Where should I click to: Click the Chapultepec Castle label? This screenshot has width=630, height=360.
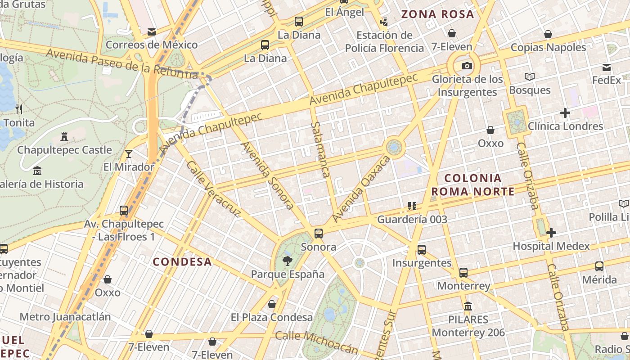pyautogui.click(x=64, y=150)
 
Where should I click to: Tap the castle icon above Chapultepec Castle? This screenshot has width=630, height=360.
pyautogui.click(x=64, y=136)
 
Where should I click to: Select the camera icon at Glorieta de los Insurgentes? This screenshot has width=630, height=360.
pyautogui.click(x=467, y=66)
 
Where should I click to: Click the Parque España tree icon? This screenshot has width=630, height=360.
pyautogui.click(x=287, y=260)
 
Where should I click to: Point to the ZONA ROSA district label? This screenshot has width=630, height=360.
pyautogui.click(x=437, y=14)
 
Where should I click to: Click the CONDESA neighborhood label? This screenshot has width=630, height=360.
pyautogui.click(x=182, y=262)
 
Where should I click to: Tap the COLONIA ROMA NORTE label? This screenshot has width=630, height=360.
pyautogui.click(x=472, y=185)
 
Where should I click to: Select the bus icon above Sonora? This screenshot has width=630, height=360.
pyautogui.click(x=319, y=233)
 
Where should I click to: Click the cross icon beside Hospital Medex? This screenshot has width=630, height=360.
pyautogui.click(x=551, y=233)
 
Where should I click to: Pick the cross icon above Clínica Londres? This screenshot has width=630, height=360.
pyautogui.click(x=565, y=113)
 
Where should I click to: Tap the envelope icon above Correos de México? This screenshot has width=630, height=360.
pyautogui.click(x=152, y=32)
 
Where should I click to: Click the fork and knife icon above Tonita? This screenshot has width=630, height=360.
pyautogui.click(x=19, y=109)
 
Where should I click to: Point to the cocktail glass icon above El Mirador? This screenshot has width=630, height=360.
pyautogui.click(x=129, y=154)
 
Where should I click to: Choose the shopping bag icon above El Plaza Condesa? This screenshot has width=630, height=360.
pyautogui.click(x=272, y=304)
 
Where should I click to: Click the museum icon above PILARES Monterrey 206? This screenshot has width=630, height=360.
pyautogui.click(x=468, y=306)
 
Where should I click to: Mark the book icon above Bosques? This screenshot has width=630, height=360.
pyautogui.click(x=530, y=77)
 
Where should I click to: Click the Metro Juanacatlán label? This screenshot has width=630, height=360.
pyautogui.click(x=65, y=317)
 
